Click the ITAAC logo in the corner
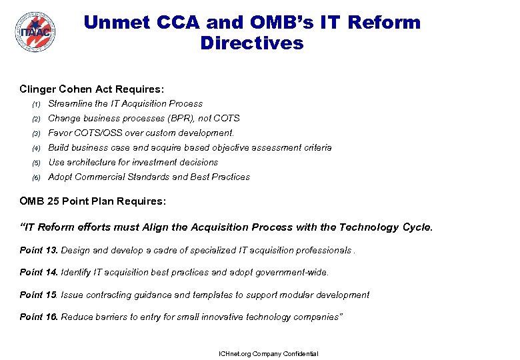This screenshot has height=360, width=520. pos(35,31)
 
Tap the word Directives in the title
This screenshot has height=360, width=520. pos(251,43)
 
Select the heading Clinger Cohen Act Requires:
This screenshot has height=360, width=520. pos(92,89)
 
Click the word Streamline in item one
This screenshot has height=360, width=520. pos(69,103)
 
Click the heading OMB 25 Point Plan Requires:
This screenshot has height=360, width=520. pos(93,201)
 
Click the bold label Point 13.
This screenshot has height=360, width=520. pos(39,250)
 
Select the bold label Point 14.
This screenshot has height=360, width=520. pos(39,272)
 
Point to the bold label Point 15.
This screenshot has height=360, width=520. pos(39,295)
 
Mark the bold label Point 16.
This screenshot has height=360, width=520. pos(39,317)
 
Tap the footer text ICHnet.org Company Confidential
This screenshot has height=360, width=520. pos(269,353)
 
